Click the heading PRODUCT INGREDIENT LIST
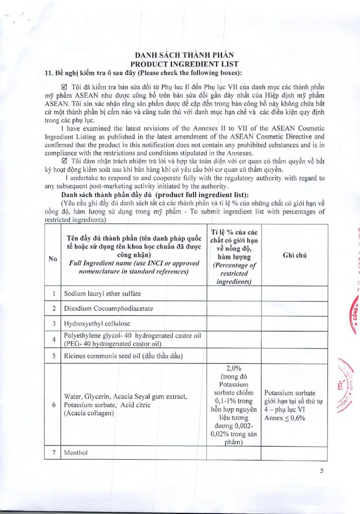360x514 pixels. click(184, 64)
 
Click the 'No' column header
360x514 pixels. click(52, 259)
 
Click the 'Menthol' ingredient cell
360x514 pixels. click(76, 453)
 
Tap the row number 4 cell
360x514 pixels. click(52, 339)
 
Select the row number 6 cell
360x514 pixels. click(52, 405)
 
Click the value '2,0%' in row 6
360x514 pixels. click(234, 368)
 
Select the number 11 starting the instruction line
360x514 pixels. click(48, 73)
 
